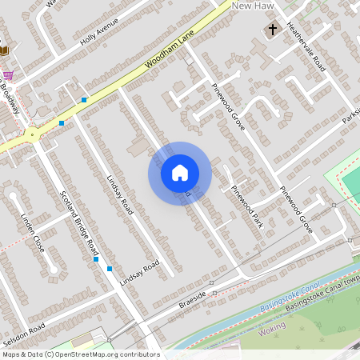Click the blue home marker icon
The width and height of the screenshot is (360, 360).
click(x=180, y=173)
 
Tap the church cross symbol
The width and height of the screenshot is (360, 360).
click(x=272, y=30)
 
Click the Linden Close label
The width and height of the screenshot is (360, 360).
click(x=33, y=233)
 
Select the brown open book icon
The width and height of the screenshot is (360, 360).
click(x=3, y=50)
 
